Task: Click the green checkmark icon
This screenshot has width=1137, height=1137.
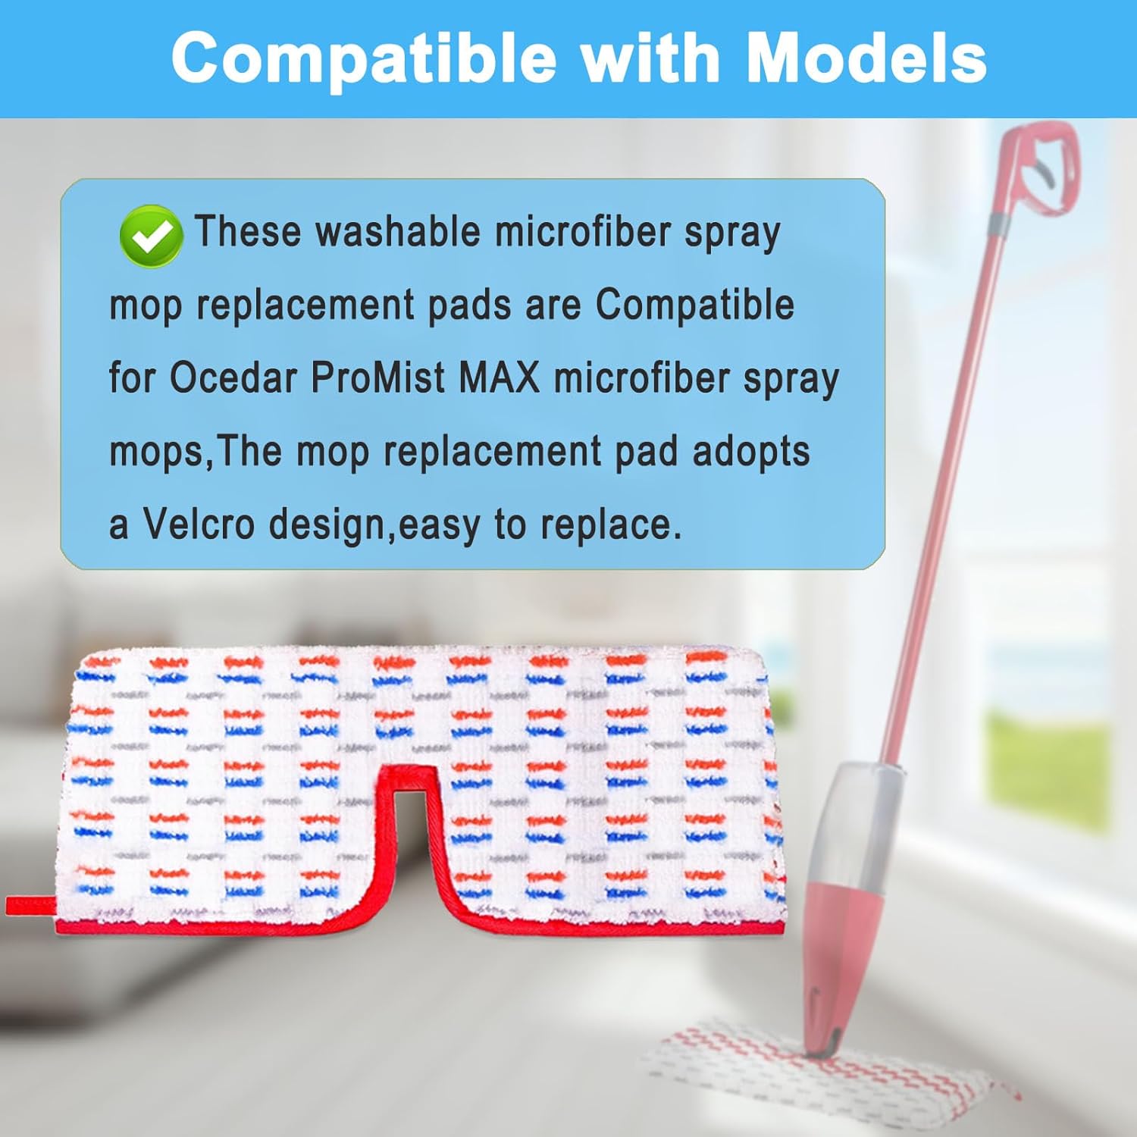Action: (151, 236)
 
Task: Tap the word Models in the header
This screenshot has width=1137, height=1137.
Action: (866, 58)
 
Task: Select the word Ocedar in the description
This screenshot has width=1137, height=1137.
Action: (233, 377)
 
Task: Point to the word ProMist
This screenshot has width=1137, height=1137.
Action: (377, 377)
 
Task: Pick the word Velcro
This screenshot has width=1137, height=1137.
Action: (199, 523)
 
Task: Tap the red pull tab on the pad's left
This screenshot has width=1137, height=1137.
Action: (31, 905)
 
